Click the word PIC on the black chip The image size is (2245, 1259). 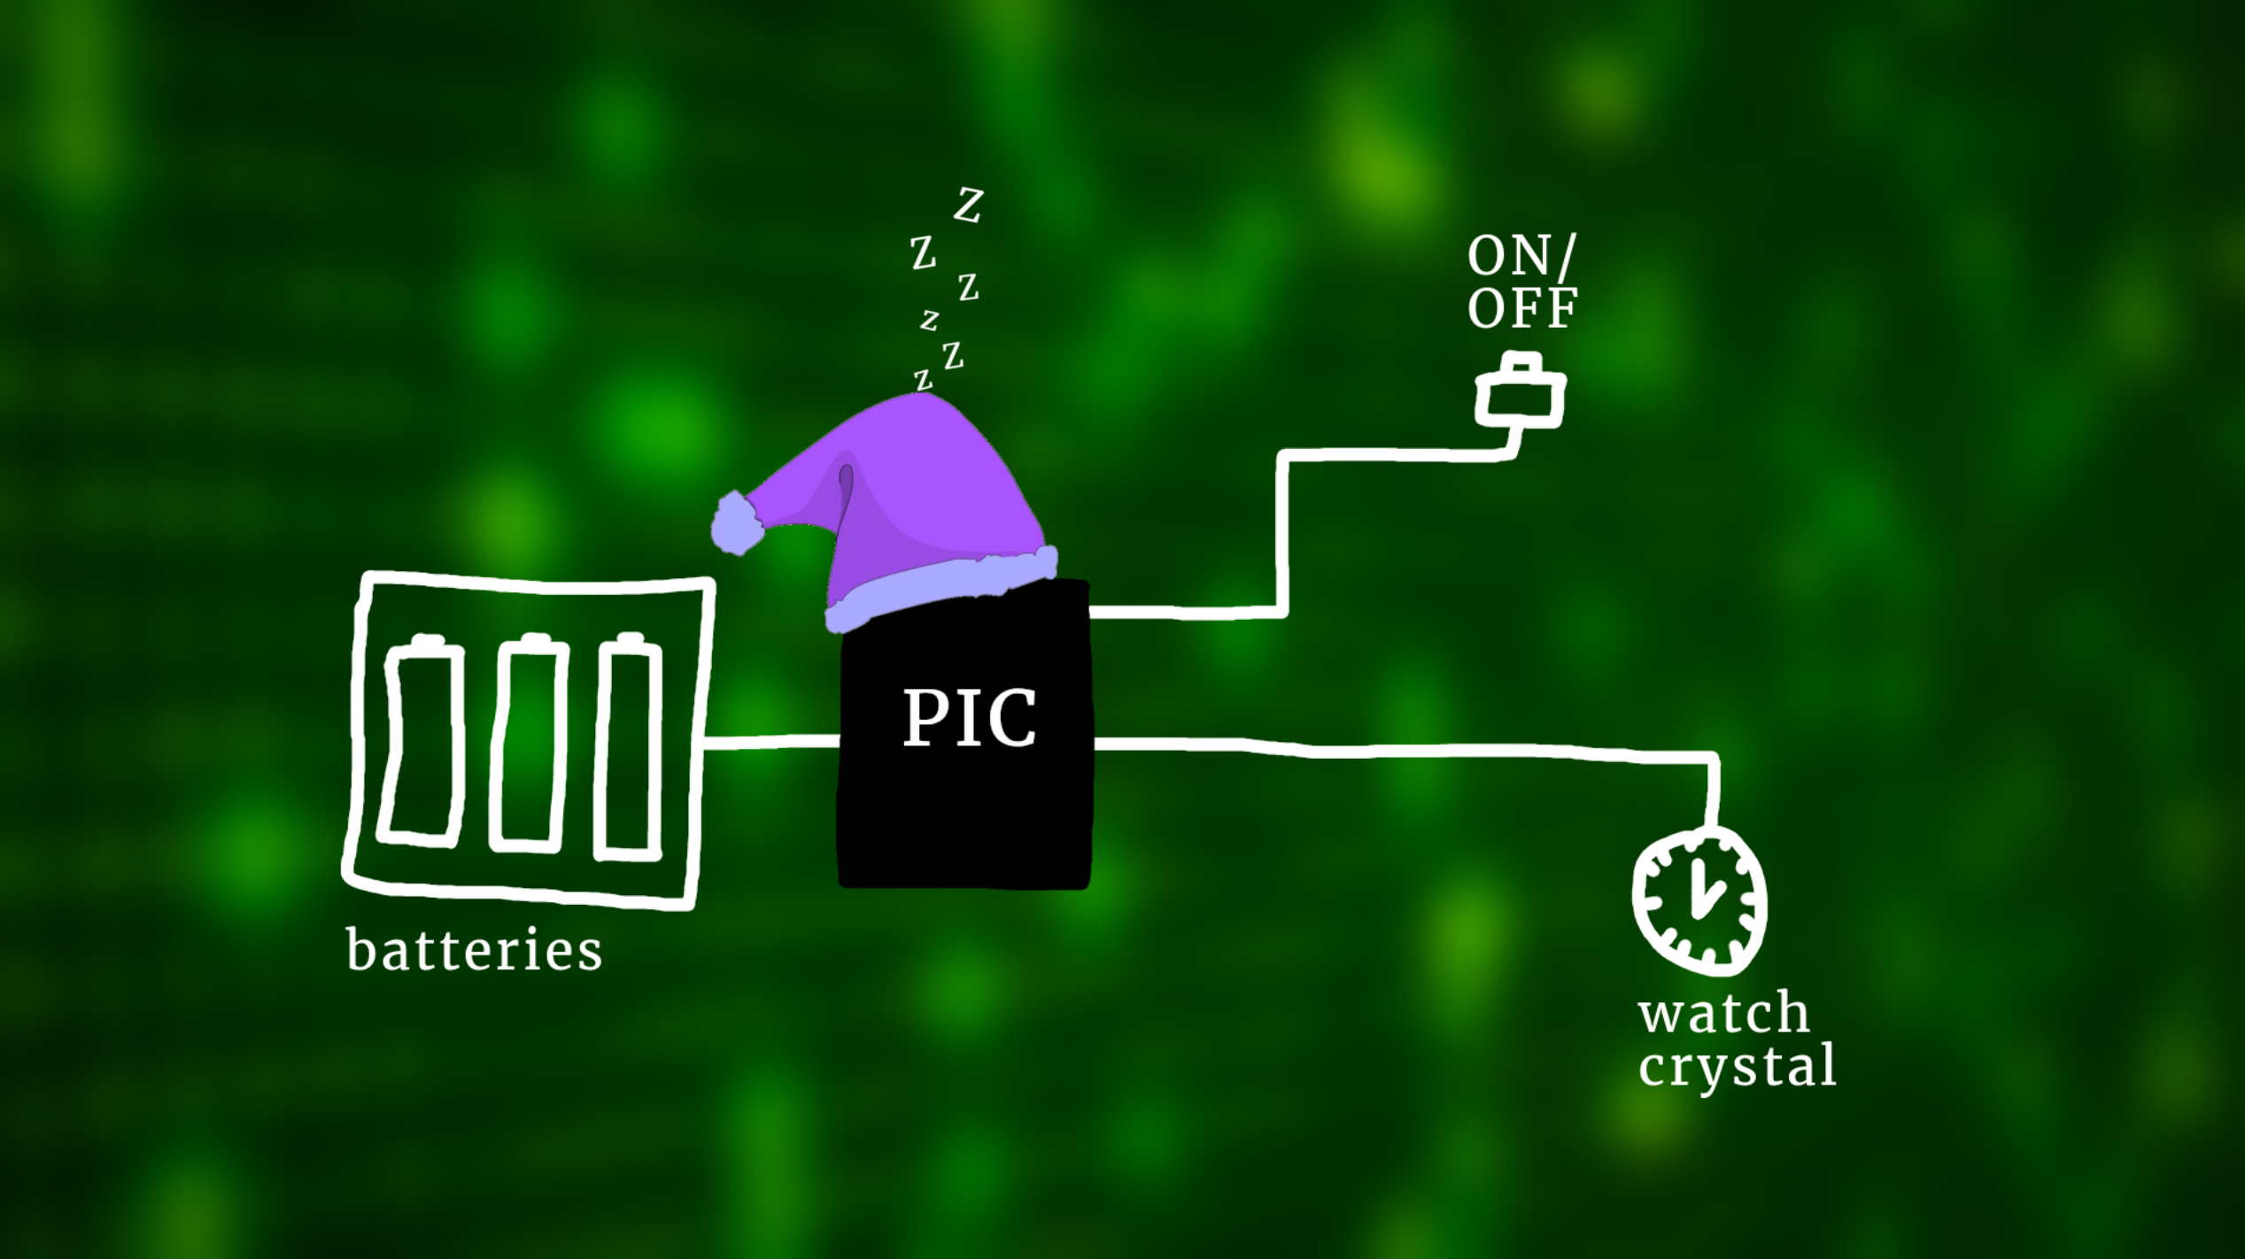[969, 717]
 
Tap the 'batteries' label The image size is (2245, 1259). [475, 951]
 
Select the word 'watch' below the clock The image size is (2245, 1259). [1723, 1013]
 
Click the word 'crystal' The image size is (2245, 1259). [1737, 1067]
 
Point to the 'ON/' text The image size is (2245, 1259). [1521, 257]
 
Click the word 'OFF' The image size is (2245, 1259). [1521, 307]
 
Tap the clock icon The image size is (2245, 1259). [1699, 901]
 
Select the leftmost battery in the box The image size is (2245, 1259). [422, 740]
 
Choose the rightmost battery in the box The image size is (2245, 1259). [629, 746]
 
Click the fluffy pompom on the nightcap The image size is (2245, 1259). [737, 524]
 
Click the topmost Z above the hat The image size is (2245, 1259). [968, 205]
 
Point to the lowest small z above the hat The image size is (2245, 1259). [923, 382]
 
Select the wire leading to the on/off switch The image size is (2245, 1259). [1282, 531]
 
